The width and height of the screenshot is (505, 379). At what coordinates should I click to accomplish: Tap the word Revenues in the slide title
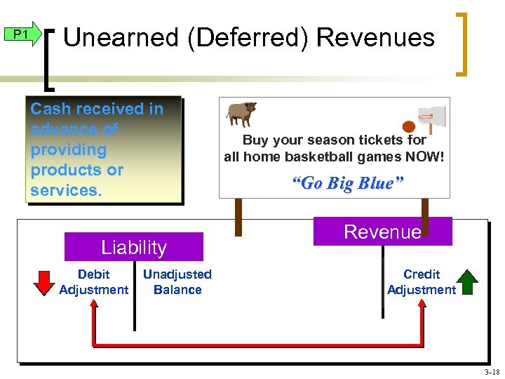(375, 37)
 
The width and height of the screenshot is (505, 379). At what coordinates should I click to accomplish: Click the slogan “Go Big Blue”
(347, 183)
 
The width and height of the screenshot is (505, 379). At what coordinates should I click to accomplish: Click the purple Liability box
(133, 247)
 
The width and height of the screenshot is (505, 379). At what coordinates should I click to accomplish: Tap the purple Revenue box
(382, 232)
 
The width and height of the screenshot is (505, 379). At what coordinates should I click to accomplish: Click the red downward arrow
(44, 282)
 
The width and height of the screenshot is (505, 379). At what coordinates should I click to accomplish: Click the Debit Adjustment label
(93, 282)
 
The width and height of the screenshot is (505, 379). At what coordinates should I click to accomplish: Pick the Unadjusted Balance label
(177, 282)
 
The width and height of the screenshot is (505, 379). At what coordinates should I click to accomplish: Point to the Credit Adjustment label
(421, 282)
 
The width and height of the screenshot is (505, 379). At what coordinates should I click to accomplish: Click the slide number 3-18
(491, 372)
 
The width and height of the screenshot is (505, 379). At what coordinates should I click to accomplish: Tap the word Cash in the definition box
(48, 109)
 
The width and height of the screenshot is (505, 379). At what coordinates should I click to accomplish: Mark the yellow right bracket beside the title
(464, 43)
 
